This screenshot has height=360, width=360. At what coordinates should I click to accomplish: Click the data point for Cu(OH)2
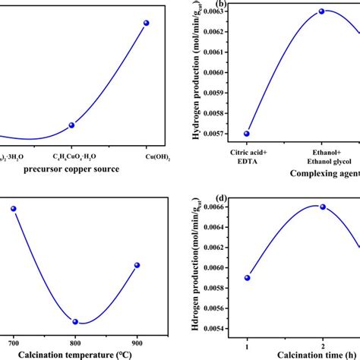(147, 23)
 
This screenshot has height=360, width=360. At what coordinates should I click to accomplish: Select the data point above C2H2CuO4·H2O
(71, 125)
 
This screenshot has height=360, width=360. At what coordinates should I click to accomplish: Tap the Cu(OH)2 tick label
(147, 157)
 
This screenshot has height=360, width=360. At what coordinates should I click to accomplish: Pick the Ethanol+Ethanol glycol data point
(321, 11)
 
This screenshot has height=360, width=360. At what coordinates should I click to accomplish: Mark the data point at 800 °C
(75, 321)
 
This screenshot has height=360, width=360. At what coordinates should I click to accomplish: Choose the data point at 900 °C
(137, 265)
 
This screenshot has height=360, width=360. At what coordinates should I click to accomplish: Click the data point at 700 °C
(13, 208)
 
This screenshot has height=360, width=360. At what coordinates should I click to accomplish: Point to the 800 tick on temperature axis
(75, 337)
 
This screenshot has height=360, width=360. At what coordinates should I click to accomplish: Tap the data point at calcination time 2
(322, 207)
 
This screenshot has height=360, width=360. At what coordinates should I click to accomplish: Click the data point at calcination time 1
(247, 277)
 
